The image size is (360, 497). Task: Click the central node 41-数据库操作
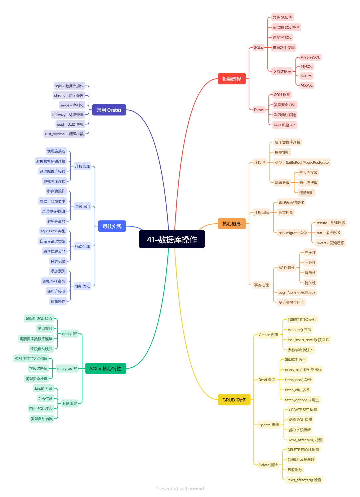click(172, 239)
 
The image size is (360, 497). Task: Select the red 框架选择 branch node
click(232, 79)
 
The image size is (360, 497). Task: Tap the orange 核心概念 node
click(232, 223)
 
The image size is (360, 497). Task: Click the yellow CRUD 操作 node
click(234, 400)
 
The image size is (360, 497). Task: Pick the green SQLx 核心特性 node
click(106, 369)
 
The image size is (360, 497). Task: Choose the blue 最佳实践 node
click(112, 226)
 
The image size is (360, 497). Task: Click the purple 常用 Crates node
click(109, 110)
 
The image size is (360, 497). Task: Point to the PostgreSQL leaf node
click(310, 57)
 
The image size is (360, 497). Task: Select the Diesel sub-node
click(259, 110)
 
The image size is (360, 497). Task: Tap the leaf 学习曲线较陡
click(285, 115)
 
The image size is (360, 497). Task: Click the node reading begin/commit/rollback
click(297, 292)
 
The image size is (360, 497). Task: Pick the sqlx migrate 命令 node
click(292, 233)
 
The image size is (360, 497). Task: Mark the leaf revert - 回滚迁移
click(330, 243)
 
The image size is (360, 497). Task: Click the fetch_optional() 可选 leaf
click(302, 400)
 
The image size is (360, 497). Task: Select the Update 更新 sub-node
click(269, 425)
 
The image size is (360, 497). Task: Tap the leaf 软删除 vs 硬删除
click(301, 460)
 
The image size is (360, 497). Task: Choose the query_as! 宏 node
click(67, 369)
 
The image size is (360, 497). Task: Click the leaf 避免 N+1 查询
click(54, 281)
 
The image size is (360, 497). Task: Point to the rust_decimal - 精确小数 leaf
click(64, 134)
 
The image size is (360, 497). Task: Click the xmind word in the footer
click(197, 489)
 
